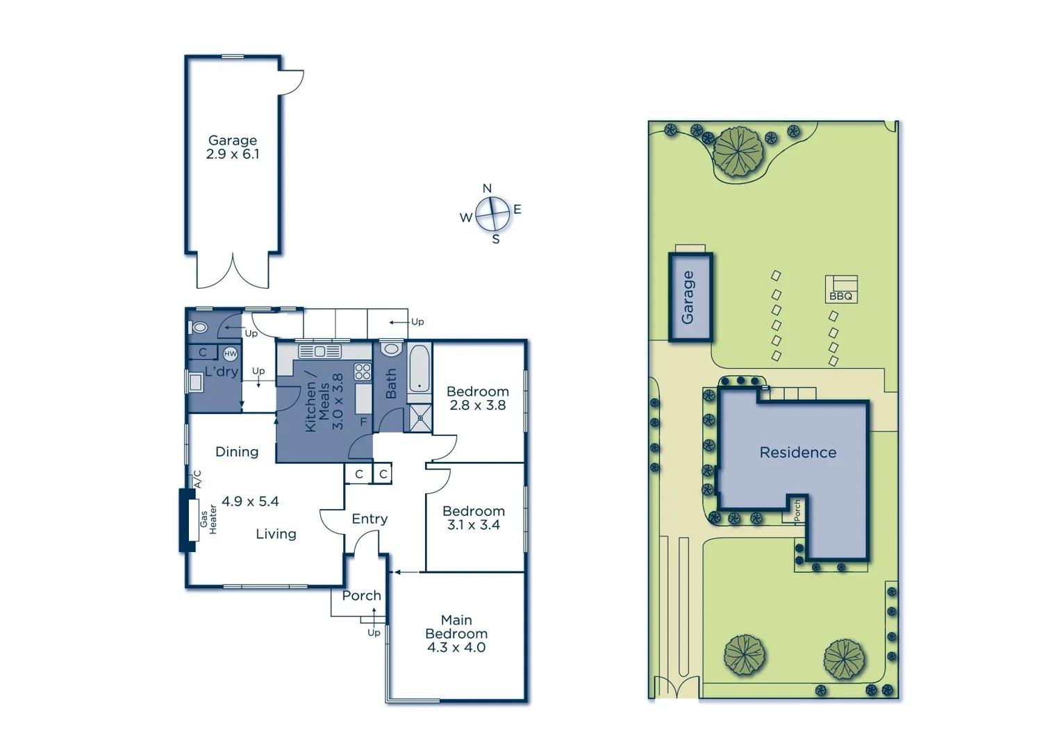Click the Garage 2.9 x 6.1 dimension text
[x=232, y=154]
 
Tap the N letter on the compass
[x=487, y=188]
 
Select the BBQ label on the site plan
[x=840, y=297]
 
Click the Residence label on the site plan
[x=797, y=453]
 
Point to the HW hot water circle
[x=230, y=353]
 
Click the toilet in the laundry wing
[x=199, y=327]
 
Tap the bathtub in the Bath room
[x=419, y=369]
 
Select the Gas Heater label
[x=208, y=519]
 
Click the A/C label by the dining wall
[x=197, y=478]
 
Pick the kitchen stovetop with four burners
[x=363, y=372]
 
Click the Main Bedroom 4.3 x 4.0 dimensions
[x=456, y=647]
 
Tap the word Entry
[x=370, y=519]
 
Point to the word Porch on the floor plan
[x=361, y=596]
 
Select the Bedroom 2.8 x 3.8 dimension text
[x=478, y=405]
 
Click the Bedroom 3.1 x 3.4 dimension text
[x=474, y=525]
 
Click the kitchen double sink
[x=320, y=351]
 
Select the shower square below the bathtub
[x=420, y=418]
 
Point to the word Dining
[x=237, y=452]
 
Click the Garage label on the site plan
[x=688, y=297]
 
